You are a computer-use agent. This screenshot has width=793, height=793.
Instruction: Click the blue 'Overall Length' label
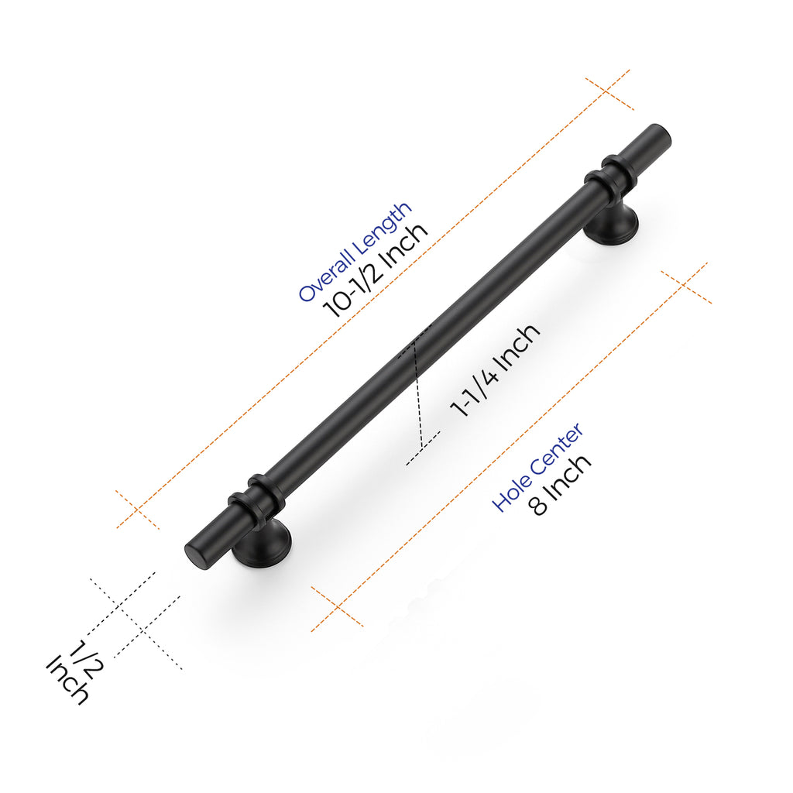(x=355, y=252)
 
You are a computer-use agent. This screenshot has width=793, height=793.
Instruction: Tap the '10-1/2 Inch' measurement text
(x=376, y=271)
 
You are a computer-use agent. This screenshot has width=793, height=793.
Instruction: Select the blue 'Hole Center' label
(x=537, y=468)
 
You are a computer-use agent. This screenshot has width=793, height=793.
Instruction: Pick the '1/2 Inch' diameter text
(x=71, y=669)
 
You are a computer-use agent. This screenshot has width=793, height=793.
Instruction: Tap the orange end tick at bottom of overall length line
(x=138, y=510)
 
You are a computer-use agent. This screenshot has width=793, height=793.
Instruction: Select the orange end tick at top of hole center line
(x=686, y=283)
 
